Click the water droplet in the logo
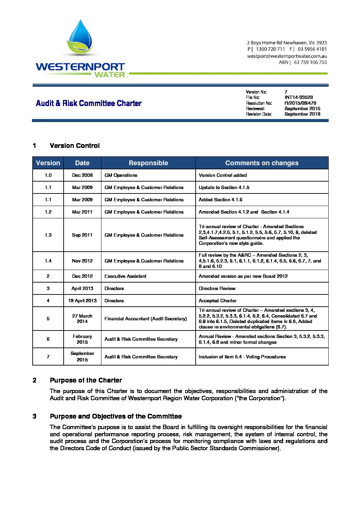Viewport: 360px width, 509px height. [80, 36]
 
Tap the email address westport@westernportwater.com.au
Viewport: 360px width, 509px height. [287, 56]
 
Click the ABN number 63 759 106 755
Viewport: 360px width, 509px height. [310, 63]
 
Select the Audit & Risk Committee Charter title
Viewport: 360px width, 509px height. [89, 103]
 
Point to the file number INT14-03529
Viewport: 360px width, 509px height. [298, 98]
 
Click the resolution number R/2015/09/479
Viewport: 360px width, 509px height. [300, 103]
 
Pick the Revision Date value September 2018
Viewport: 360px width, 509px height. [302, 114]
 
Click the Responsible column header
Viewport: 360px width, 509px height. [148, 163]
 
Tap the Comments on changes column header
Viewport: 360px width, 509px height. [262, 163]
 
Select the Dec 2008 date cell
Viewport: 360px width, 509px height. [82, 175]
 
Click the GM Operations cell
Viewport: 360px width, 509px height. [121, 175]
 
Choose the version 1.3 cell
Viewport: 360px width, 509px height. [48, 235]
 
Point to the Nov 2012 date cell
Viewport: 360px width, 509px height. [82, 261]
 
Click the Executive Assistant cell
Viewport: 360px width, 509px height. [125, 276]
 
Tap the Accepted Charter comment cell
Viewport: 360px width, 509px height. [217, 301]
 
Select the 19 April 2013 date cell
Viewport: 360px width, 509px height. [82, 301]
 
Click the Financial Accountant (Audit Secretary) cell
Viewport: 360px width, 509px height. [146, 319]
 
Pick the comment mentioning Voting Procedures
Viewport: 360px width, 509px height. [242, 357]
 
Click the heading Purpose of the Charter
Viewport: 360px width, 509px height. [86, 380]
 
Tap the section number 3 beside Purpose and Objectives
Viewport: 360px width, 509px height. [34, 416]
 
